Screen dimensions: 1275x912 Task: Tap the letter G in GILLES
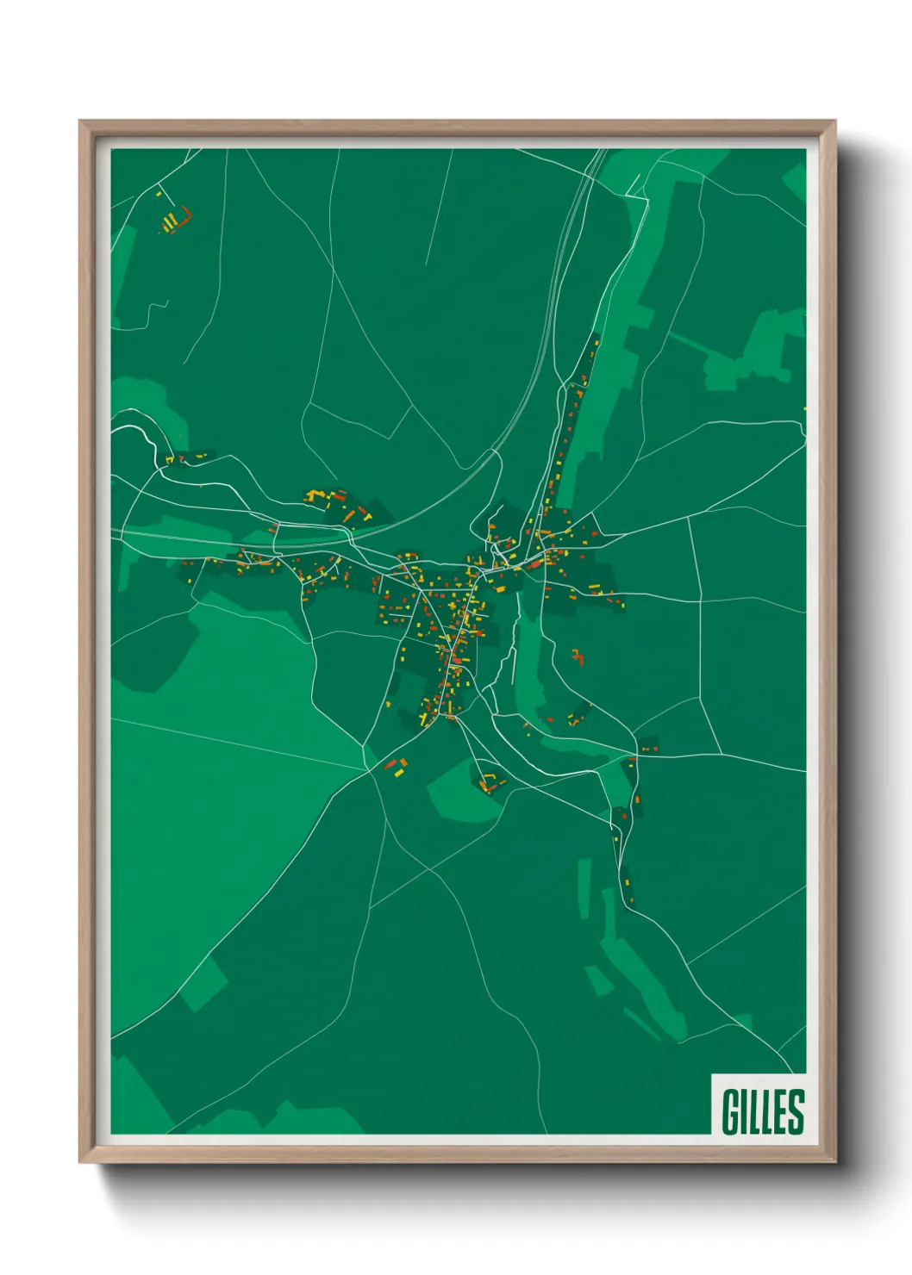pyautogui.click(x=730, y=1111)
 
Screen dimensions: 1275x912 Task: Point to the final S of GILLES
pyautogui.click(x=795, y=1111)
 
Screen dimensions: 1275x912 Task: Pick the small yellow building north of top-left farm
pyautogui.click(x=159, y=195)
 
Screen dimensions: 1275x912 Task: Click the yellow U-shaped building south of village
pyautogui.click(x=490, y=782)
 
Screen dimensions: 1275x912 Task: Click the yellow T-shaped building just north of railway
pyautogui.click(x=367, y=518)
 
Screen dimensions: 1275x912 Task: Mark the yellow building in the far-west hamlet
pyautogui.click(x=170, y=460)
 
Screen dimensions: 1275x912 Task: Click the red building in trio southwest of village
pyautogui.click(x=390, y=763)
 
